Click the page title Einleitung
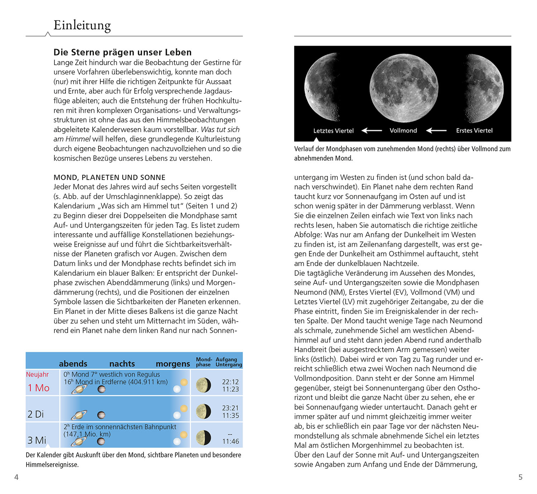[x=82, y=25]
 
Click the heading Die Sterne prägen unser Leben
[x=122, y=52]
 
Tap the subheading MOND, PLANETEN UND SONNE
[x=110, y=178]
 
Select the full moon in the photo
[x=403, y=88]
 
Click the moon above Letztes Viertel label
[x=321, y=88]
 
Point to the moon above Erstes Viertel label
[x=484, y=88]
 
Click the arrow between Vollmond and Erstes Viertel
[x=436, y=131]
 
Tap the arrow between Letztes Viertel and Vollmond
[x=372, y=131]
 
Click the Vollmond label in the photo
[x=403, y=131]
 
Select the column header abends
[x=73, y=364]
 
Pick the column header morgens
[x=173, y=364]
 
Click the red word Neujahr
[x=37, y=374]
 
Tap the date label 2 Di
[x=35, y=414]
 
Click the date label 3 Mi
[x=37, y=440]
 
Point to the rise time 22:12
[x=230, y=382]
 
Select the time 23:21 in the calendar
[x=230, y=408]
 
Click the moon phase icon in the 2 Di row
[x=204, y=411]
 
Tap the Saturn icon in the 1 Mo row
[x=79, y=389]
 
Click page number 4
[x=16, y=477]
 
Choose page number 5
[x=521, y=477]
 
